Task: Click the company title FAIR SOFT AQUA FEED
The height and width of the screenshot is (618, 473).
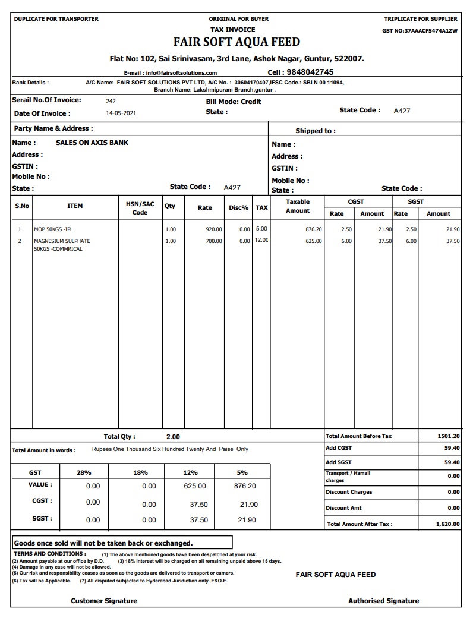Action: click(236, 42)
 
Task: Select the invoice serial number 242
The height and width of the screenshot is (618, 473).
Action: click(111, 102)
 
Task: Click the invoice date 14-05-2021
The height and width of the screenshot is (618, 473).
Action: click(121, 113)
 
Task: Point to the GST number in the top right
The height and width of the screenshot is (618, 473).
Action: click(420, 30)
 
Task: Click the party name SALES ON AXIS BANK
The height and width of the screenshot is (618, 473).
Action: click(92, 143)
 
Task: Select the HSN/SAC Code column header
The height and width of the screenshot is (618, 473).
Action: click(140, 208)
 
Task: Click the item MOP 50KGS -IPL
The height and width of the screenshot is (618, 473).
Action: click(53, 229)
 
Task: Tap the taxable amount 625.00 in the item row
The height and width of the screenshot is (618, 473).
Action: click(314, 241)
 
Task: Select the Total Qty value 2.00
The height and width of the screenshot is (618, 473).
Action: click(173, 437)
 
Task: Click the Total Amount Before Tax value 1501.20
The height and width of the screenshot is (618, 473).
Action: click(449, 436)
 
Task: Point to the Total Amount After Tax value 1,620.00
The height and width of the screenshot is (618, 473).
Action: click(447, 524)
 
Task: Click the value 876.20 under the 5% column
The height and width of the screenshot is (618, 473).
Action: click(245, 486)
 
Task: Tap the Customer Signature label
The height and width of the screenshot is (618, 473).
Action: click(104, 601)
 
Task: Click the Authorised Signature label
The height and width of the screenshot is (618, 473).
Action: click(383, 601)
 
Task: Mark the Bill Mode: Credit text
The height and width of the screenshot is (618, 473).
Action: click(234, 102)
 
